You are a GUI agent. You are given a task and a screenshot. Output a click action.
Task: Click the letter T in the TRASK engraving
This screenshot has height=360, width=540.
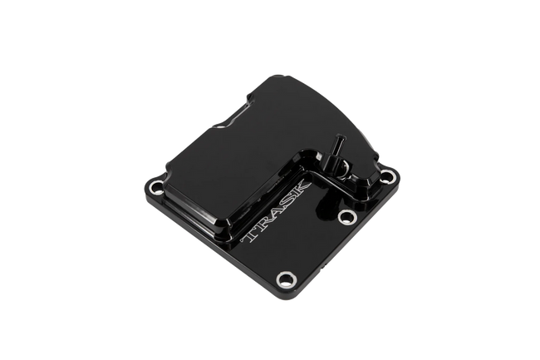(251, 234)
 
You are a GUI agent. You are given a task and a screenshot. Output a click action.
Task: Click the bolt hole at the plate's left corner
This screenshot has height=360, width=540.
(155, 188)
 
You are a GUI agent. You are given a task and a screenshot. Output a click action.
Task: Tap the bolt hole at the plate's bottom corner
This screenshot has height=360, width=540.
(286, 279)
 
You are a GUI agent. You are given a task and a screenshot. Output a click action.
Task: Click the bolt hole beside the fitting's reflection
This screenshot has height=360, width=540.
(346, 216)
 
